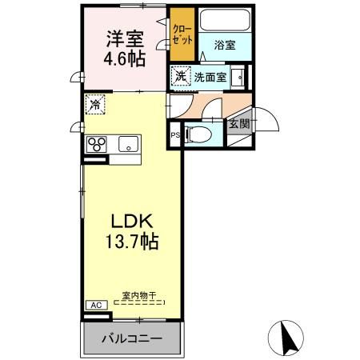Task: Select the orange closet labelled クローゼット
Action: coord(182,35)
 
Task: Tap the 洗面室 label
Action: coord(210,77)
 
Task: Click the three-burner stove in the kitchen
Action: coord(98,144)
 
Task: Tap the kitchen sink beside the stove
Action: coord(126,144)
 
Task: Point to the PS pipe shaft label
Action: coord(174,135)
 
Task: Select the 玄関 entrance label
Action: coord(238,123)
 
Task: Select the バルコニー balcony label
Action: coord(132,338)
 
